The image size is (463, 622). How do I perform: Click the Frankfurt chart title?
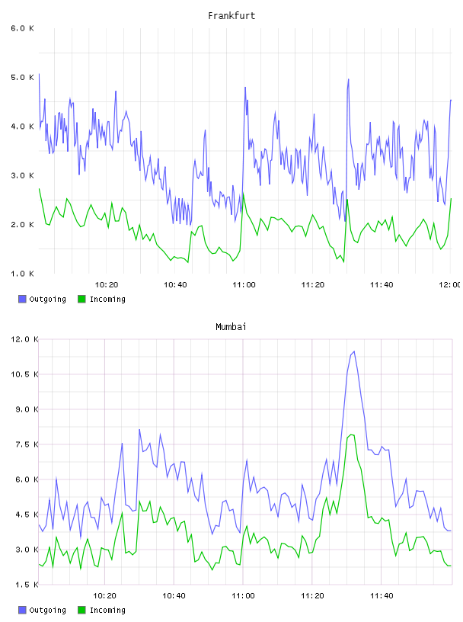231,16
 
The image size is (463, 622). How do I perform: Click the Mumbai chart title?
231,327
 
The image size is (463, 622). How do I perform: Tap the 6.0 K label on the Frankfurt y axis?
22,28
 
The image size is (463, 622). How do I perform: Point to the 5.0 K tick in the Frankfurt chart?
22,77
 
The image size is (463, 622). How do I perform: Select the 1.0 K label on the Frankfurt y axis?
22,274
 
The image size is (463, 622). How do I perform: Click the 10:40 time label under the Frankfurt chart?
175,285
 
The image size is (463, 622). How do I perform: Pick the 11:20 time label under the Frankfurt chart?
313,285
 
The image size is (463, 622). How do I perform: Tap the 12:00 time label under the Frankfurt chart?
449,285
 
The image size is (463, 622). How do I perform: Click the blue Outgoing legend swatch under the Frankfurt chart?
22,299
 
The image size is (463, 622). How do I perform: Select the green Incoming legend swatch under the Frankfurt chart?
81,299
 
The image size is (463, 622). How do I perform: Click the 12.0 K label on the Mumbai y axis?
24,339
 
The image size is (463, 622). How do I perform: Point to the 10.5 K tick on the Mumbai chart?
24,374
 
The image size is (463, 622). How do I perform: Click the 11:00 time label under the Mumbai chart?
243,596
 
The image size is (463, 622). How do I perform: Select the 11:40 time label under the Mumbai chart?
382,596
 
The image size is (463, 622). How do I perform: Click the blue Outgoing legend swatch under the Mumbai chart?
22,610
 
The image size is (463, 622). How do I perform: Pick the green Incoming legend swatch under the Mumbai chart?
81,610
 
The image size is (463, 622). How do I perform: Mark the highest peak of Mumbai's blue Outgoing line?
354,351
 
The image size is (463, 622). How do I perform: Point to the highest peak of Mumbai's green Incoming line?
351,434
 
